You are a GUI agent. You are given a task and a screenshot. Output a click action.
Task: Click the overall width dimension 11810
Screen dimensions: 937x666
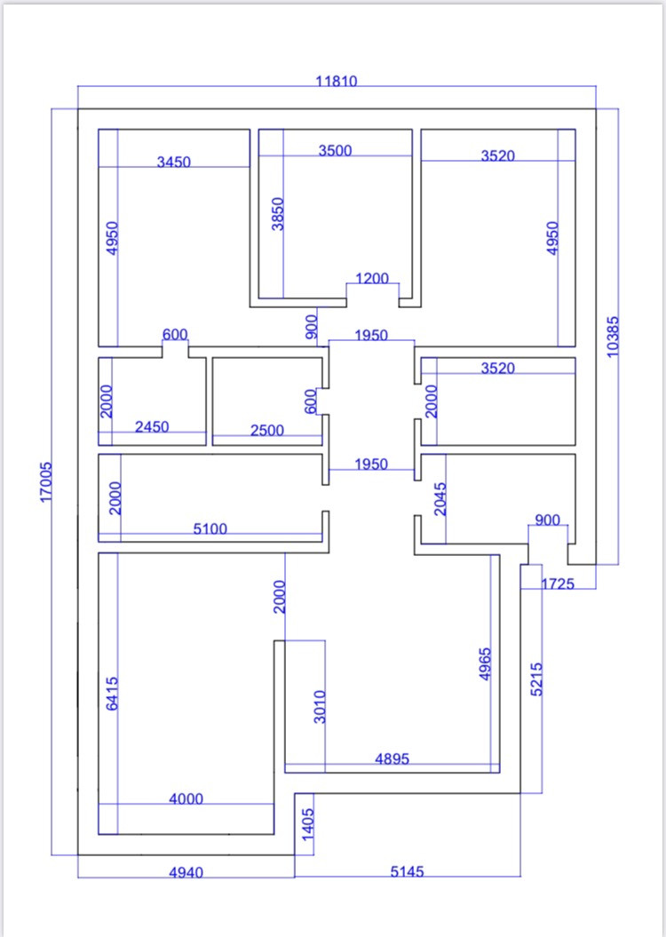tap(337, 81)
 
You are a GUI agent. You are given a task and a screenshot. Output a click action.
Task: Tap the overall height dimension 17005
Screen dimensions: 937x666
tap(46, 480)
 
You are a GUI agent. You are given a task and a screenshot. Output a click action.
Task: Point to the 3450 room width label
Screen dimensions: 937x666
tap(174, 162)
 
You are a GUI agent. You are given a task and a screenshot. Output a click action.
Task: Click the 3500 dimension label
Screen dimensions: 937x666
tap(336, 150)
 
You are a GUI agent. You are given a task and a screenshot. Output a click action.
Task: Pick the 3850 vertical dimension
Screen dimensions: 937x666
tap(278, 214)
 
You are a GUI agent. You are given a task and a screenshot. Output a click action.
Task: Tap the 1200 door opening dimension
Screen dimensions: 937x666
tap(372, 278)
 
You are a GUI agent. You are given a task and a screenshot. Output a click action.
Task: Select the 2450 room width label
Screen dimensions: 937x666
tap(152, 427)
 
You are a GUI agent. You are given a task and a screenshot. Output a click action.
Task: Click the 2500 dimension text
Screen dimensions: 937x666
tap(267, 430)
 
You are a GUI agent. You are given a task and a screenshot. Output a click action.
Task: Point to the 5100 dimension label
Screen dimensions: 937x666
tap(210, 528)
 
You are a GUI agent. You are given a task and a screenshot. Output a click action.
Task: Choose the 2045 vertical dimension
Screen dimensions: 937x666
tap(440, 499)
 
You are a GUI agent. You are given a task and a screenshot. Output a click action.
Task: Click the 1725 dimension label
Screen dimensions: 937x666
tap(558, 584)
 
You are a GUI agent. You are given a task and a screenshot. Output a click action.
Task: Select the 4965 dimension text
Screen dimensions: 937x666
tap(485, 663)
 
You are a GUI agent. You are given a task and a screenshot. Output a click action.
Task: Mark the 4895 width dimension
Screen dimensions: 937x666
tap(392, 758)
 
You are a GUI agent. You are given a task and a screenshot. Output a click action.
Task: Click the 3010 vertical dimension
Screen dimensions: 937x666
tap(321, 706)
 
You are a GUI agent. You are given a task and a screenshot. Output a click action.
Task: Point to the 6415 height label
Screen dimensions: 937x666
tap(113, 693)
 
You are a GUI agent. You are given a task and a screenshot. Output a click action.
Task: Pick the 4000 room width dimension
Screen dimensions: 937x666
tap(186, 798)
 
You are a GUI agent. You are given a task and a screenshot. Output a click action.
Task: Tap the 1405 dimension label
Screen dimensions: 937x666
tap(308, 825)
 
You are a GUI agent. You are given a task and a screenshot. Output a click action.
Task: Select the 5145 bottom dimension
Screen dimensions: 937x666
tap(407, 871)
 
